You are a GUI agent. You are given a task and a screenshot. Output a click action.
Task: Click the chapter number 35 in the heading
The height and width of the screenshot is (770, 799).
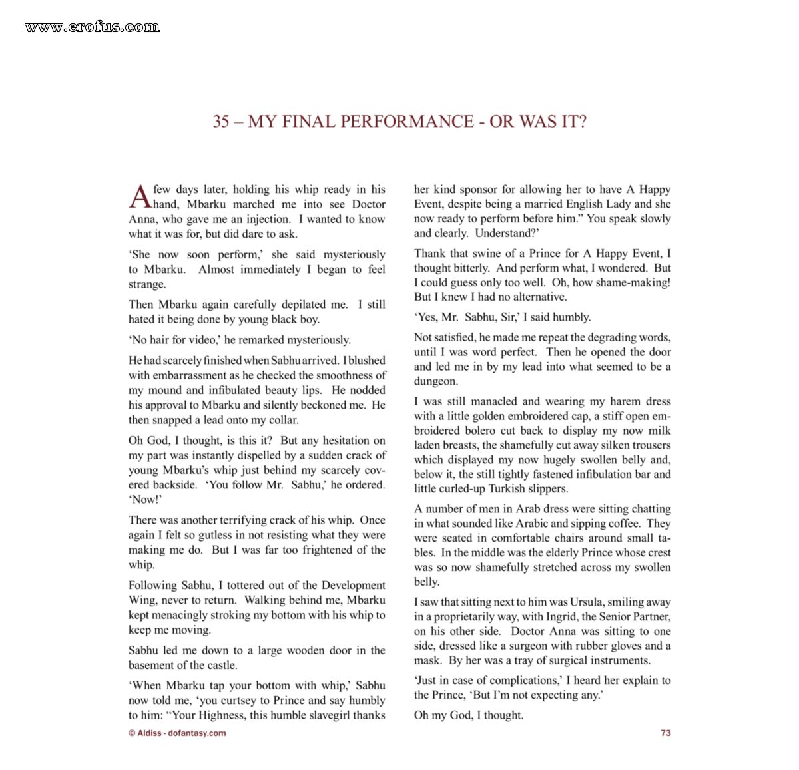221,122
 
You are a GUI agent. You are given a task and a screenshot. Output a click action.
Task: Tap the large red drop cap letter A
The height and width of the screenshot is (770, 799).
140,196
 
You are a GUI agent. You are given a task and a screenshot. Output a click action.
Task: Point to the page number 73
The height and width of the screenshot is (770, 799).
665,733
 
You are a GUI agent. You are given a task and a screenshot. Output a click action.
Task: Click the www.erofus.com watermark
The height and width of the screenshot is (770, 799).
92,27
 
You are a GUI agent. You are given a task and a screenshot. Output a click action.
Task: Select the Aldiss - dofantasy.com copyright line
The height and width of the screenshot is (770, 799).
177,733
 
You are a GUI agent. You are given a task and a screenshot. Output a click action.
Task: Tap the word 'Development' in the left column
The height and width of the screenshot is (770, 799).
354,585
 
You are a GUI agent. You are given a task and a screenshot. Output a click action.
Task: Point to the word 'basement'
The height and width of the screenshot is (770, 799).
150,665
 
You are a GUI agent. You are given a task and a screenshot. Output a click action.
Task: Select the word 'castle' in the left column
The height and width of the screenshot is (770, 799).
220,665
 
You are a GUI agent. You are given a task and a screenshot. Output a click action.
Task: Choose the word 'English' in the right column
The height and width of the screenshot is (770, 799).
584,204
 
